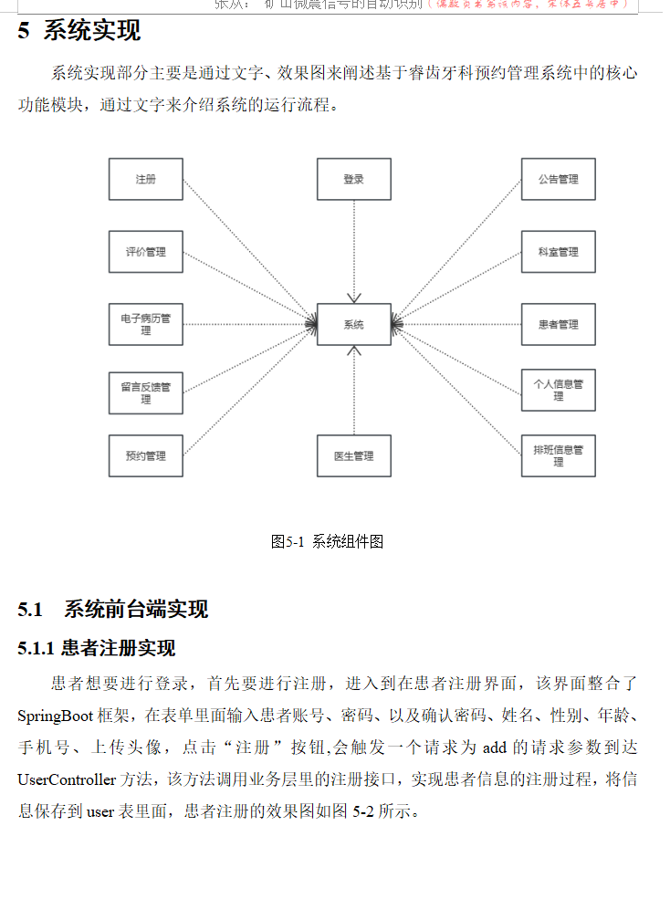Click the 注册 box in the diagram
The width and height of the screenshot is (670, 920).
click(146, 179)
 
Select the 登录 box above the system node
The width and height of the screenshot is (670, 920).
click(354, 179)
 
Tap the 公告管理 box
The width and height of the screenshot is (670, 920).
click(558, 179)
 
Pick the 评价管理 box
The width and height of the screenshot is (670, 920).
click(146, 252)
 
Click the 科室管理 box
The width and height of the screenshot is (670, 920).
click(558, 252)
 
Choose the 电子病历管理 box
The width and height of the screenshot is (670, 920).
click(146, 324)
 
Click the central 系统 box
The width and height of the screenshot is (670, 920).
click(354, 324)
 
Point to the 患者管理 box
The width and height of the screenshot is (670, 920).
click(558, 324)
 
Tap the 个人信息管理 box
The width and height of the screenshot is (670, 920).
click(558, 390)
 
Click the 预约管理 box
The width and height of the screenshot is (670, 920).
click(146, 455)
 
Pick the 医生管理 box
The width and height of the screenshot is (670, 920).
click(354, 455)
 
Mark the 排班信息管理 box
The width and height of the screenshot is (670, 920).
click(558, 455)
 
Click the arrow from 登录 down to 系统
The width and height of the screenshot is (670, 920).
click(354, 251)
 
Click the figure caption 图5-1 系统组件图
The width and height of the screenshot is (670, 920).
click(327, 541)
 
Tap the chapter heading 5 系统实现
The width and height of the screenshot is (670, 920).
click(79, 31)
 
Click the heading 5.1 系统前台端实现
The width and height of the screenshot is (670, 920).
click(113, 609)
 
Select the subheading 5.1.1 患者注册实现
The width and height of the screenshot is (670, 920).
click(97, 649)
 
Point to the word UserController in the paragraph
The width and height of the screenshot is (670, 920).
click(67, 779)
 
